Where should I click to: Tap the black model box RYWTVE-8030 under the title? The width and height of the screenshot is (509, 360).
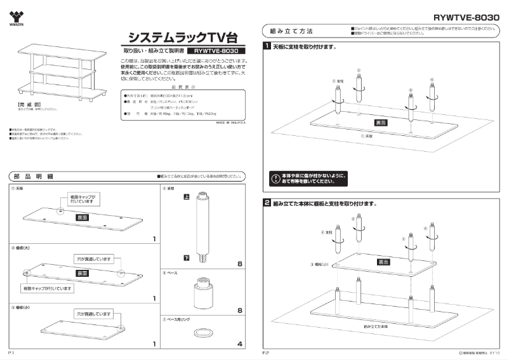pyautogui.click(x=216, y=50)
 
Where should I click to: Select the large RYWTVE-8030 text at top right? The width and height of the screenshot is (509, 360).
pyautogui.click(x=466, y=18)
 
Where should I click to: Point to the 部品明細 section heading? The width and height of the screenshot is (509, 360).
pyautogui.click(x=32, y=176)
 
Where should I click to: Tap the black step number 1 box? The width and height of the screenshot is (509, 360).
pyautogui.click(x=268, y=47)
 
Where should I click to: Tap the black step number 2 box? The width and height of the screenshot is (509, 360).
pyautogui.click(x=268, y=204)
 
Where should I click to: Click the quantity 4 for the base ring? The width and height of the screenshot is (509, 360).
pyautogui.click(x=239, y=344)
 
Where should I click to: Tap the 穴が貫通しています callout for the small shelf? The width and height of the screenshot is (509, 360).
pyautogui.click(x=94, y=314)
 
